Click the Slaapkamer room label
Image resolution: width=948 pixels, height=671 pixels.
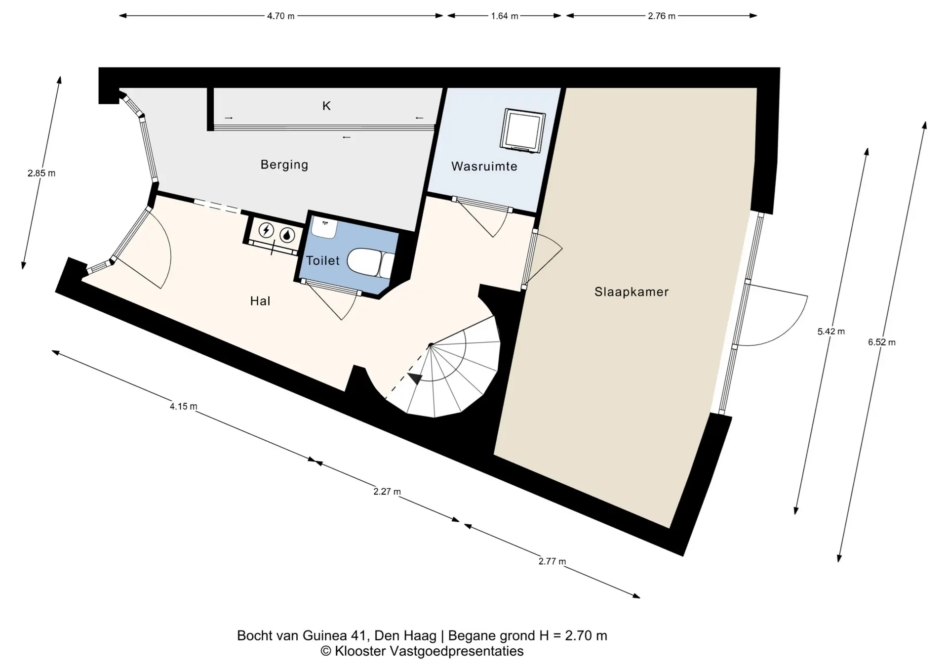point(632,292)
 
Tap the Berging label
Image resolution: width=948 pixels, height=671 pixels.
point(284,165)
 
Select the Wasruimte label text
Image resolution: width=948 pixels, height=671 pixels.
point(484,167)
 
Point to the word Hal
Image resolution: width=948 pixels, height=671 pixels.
point(260,301)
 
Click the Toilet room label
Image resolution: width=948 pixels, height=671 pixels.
point(323,260)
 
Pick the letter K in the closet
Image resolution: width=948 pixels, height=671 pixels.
point(326,106)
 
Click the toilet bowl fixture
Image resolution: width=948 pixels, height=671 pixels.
point(371,262)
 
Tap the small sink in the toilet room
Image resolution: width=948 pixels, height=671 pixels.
point(324,227)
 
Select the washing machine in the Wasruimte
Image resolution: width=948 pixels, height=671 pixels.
point(522,130)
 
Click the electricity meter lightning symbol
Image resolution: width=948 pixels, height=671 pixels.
point(267,230)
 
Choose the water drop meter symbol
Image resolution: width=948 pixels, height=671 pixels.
point(287,235)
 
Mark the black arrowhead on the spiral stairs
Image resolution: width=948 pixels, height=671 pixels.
point(416,379)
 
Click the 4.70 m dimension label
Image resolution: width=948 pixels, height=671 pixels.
point(281,16)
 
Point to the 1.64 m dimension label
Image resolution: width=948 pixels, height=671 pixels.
point(505,16)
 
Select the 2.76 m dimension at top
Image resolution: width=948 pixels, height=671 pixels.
point(662,16)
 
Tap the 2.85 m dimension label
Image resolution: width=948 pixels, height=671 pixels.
point(41,173)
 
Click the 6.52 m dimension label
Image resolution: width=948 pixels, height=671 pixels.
point(882,342)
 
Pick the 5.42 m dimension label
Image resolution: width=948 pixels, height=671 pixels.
point(831,332)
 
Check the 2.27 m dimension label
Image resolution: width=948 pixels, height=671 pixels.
point(387,492)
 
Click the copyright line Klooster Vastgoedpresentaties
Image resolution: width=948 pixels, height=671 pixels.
point(422,651)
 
